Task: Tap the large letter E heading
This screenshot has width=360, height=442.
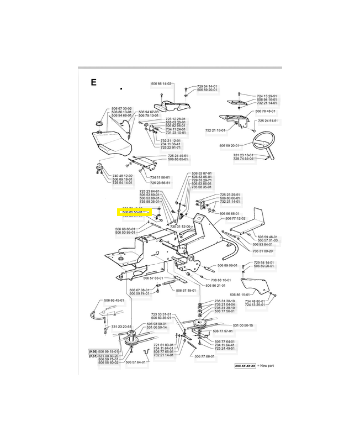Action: point(94,83)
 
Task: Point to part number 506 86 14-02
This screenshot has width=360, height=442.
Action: point(161,83)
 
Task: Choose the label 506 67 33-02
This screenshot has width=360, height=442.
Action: point(121,108)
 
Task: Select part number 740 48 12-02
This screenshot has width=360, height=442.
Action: point(107,176)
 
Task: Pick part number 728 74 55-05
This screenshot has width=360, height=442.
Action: point(243,159)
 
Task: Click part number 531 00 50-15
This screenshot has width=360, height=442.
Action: point(243,325)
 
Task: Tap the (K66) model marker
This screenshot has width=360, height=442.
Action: point(93,351)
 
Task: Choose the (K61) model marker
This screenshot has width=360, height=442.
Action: point(93,355)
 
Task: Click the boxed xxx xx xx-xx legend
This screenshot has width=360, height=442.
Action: point(246,366)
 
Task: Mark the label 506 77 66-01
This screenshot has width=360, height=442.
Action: point(206,356)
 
